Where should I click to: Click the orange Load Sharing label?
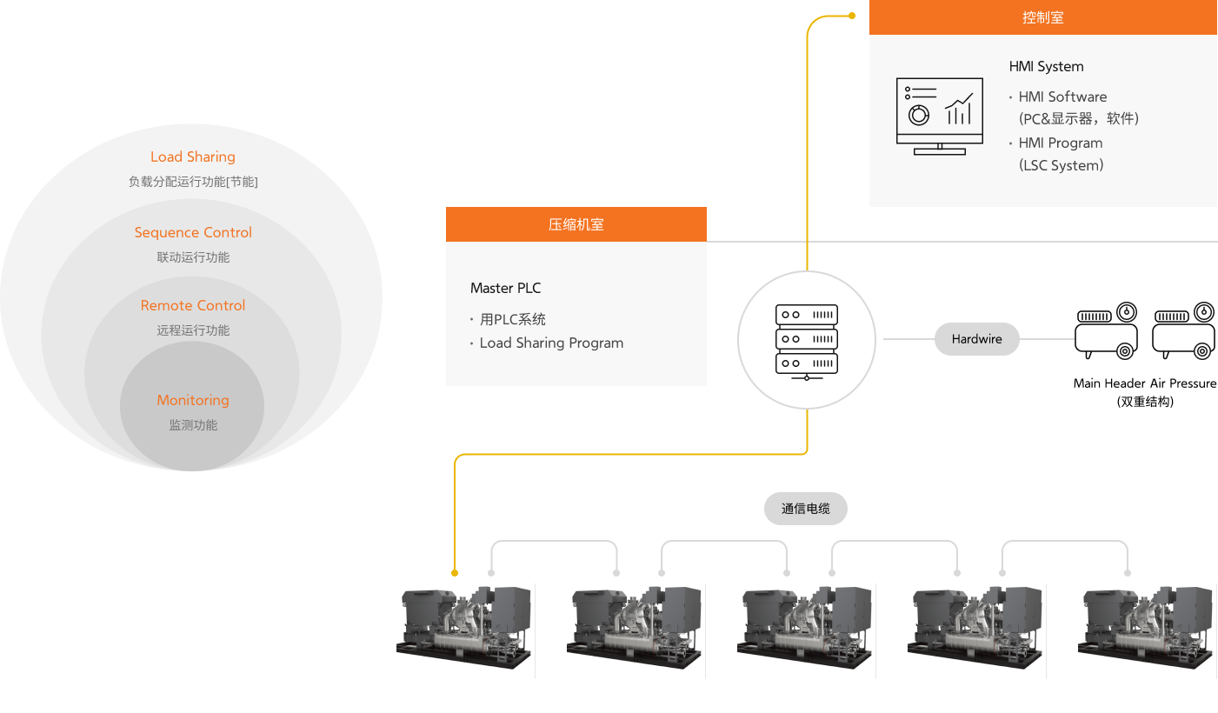192,157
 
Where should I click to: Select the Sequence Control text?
193,232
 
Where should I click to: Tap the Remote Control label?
193,305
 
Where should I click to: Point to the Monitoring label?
193,400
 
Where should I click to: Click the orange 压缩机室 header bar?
576,224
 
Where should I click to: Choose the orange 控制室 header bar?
1042,17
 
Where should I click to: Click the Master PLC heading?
505,288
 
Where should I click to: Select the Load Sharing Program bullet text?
551,343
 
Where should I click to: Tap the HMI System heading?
1046,66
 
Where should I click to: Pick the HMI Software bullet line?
1062,97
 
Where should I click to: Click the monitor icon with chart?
939,117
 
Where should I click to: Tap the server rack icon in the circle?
807,341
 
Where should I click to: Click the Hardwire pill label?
976,339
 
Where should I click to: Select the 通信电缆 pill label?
805,509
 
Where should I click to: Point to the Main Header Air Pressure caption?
1144,383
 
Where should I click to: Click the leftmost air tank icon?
1107,330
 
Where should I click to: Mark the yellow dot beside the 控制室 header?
852,15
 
